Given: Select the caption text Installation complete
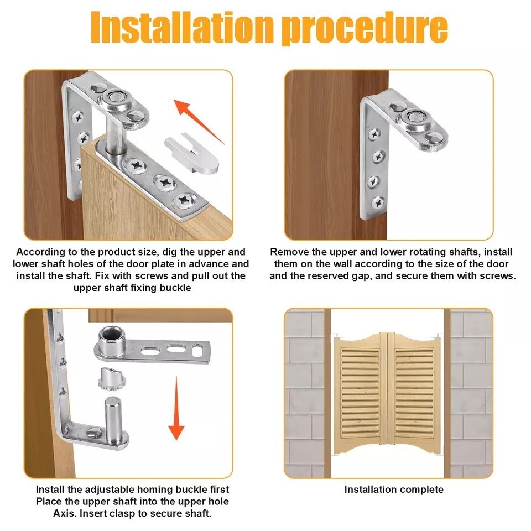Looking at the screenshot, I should coord(393,489).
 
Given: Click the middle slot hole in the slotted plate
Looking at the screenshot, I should coord(174,348).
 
